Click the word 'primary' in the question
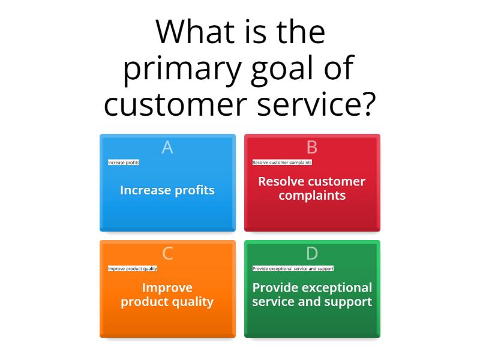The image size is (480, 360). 182,70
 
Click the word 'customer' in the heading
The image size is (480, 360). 175,104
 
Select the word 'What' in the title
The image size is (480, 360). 195,32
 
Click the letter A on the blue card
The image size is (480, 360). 167,147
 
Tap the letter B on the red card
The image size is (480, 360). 312,147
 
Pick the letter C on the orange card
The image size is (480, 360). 167,253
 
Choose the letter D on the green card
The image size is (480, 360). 312,253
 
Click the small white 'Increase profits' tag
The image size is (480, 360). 124,162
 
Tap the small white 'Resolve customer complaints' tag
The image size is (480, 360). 282,162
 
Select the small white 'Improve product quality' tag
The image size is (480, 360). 133,268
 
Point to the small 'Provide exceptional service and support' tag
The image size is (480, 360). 293,268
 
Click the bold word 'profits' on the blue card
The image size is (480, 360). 194,190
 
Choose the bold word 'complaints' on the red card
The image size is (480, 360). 312,196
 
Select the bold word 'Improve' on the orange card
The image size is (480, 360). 167,288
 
